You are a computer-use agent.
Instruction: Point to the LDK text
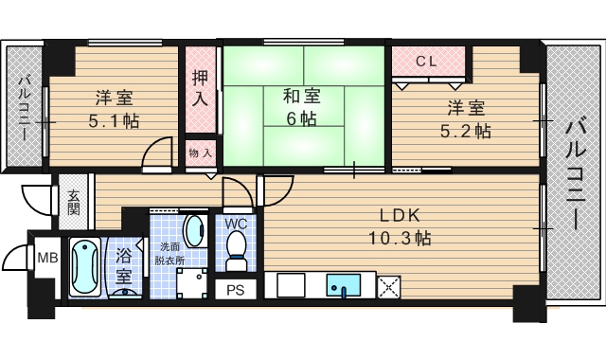coord(399,215)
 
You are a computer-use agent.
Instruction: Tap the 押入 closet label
coord(200,87)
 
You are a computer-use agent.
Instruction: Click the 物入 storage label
coord(199,153)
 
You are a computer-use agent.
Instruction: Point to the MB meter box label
coord(45,257)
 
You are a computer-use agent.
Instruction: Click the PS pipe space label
coord(235,290)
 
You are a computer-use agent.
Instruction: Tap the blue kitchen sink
coord(340,284)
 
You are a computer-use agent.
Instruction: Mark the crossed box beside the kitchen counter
coord(388,285)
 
